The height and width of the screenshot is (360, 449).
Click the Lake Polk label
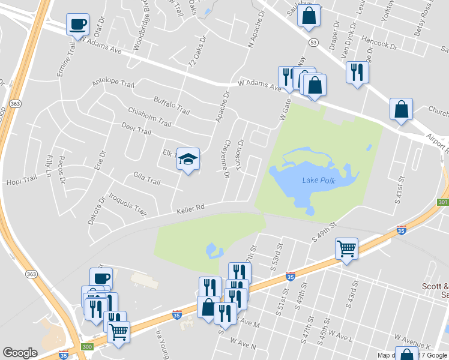click(x=319, y=181)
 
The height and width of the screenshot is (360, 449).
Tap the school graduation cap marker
click(x=188, y=160)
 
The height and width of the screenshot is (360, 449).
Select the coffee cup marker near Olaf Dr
click(x=78, y=25)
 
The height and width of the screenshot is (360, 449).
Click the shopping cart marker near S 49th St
click(x=346, y=248)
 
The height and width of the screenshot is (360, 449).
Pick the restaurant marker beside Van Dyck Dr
click(x=357, y=73)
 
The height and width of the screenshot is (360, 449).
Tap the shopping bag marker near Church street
click(x=401, y=110)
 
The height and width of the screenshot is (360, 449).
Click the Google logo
click(x=20, y=353)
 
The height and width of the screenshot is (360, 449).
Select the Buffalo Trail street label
click(x=172, y=106)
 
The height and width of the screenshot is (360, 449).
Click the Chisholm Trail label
click(x=149, y=116)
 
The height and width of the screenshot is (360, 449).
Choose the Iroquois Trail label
click(x=127, y=204)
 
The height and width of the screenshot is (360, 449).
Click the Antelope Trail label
click(x=113, y=83)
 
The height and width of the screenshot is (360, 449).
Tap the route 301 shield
click(x=444, y=203)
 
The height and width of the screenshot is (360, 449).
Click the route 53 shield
click(x=313, y=42)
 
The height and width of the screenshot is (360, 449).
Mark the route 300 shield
click(x=87, y=347)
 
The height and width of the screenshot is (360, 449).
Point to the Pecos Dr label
click(x=61, y=171)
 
